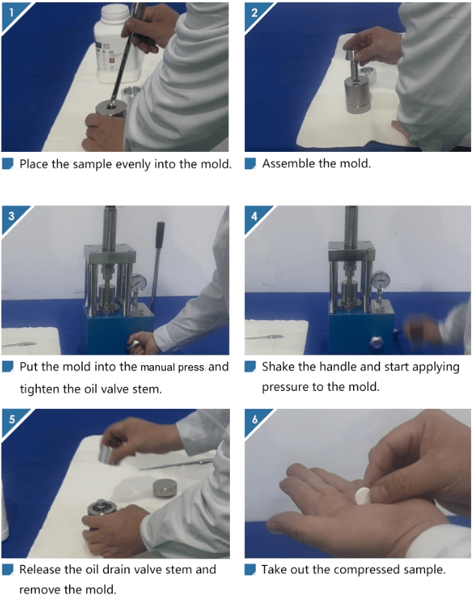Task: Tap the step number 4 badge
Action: click(254, 216)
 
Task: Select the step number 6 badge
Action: click(255, 419)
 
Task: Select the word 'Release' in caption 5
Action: click(41, 570)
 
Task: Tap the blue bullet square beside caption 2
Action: click(250, 164)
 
